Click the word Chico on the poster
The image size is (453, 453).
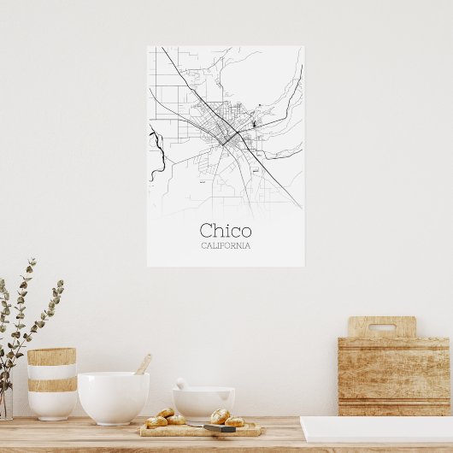pyautogui.click(x=226, y=231)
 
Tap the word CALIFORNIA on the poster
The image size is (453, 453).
pyautogui.click(x=226, y=246)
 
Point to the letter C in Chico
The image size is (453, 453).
pyautogui.click(x=208, y=231)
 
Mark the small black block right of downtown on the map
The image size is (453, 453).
pyautogui.click(x=254, y=125)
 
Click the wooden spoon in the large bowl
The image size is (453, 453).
pyautogui.click(x=143, y=365)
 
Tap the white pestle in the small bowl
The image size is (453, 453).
pyautogui.click(x=181, y=385)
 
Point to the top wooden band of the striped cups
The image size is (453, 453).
pyautogui.click(x=51, y=356)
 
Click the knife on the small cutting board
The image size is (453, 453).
pyautogui.click(x=218, y=427)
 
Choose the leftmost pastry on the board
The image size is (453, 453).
pyautogui.click(x=156, y=421)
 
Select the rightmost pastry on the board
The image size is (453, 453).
pyautogui.click(x=235, y=421)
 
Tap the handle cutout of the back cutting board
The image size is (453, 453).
pyautogui.click(x=381, y=327)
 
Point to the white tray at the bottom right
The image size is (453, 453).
pyautogui.click(x=376, y=429)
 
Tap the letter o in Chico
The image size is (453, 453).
pyautogui.click(x=245, y=232)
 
